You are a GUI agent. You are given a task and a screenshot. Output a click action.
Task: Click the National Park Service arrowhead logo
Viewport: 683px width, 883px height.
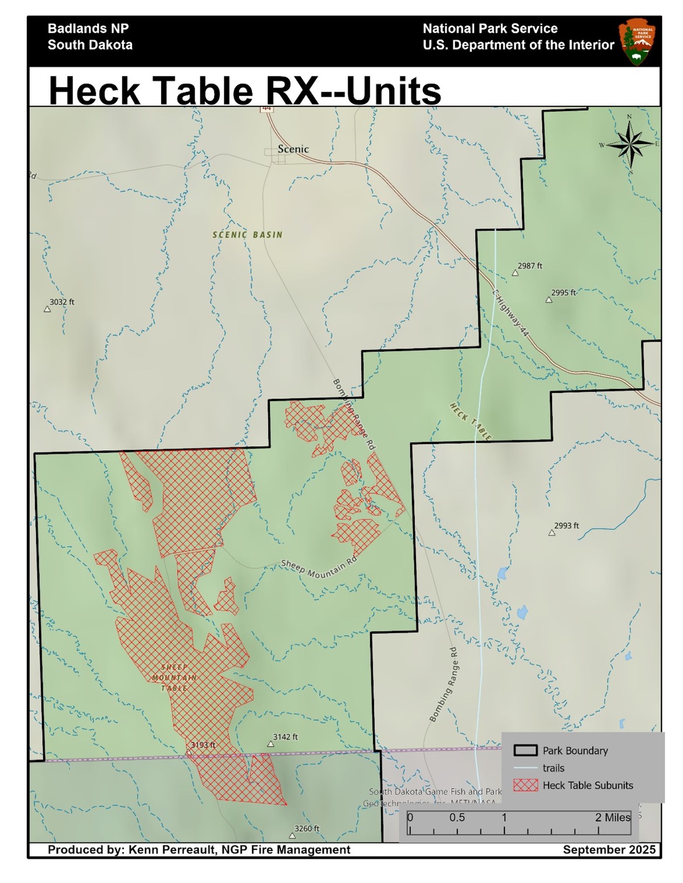point(635,41)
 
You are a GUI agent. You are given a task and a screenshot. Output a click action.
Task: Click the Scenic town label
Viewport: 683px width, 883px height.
point(293,149)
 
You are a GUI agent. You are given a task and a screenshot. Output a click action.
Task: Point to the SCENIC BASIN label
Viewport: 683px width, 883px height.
point(247,235)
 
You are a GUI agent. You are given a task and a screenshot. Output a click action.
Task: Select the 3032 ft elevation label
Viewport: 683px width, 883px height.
point(61,302)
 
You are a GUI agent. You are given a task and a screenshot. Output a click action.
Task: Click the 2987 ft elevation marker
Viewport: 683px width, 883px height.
point(515,273)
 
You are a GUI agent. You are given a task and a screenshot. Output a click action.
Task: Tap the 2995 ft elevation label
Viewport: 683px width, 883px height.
point(563,293)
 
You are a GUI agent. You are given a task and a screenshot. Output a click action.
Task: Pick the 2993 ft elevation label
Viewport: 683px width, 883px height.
point(566,526)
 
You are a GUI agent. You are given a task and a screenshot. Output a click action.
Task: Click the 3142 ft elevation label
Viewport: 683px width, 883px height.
point(285,737)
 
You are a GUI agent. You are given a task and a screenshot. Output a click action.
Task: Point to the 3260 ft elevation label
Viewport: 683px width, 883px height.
point(307,828)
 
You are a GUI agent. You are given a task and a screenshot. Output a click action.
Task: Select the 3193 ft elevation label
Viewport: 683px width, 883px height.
point(203,745)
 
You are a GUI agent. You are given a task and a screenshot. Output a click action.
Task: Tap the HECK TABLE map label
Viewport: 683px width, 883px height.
point(470,420)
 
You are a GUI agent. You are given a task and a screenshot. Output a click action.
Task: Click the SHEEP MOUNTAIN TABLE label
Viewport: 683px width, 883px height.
point(174,677)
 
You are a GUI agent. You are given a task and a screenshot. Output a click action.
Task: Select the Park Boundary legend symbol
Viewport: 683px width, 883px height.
point(525,750)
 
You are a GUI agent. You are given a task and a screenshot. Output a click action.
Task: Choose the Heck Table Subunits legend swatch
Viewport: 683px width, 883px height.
point(525,785)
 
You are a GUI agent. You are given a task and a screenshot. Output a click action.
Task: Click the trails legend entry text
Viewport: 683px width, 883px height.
point(553,768)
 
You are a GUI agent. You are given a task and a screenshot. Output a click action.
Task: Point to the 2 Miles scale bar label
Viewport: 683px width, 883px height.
point(612,818)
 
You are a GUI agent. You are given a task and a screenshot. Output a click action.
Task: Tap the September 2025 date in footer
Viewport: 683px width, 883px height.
point(609,850)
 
